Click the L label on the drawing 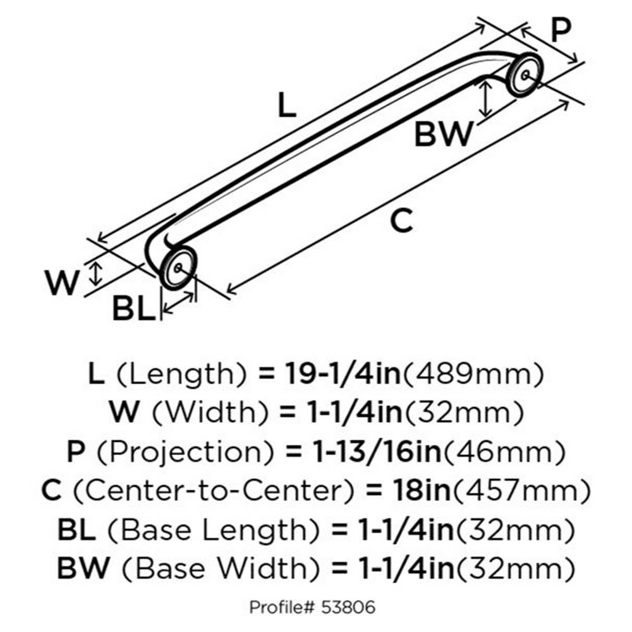(x=287, y=105)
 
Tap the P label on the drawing (x=561, y=30)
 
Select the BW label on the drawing (x=444, y=134)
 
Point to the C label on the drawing (x=402, y=221)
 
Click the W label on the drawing (x=62, y=283)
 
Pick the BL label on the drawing (x=133, y=309)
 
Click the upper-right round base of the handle (x=525, y=75)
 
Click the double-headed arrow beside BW (x=486, y=98)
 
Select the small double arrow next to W (x=95, y=273)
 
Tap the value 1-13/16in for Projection (x=377, y=452)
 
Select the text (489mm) (x=473, y=374)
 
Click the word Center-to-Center (x=213, y=490)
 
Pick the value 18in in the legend (x=421, y=490)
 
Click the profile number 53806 (x=348, y=607)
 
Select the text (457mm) (x=521, y=491)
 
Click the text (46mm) (x=504, y=453)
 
